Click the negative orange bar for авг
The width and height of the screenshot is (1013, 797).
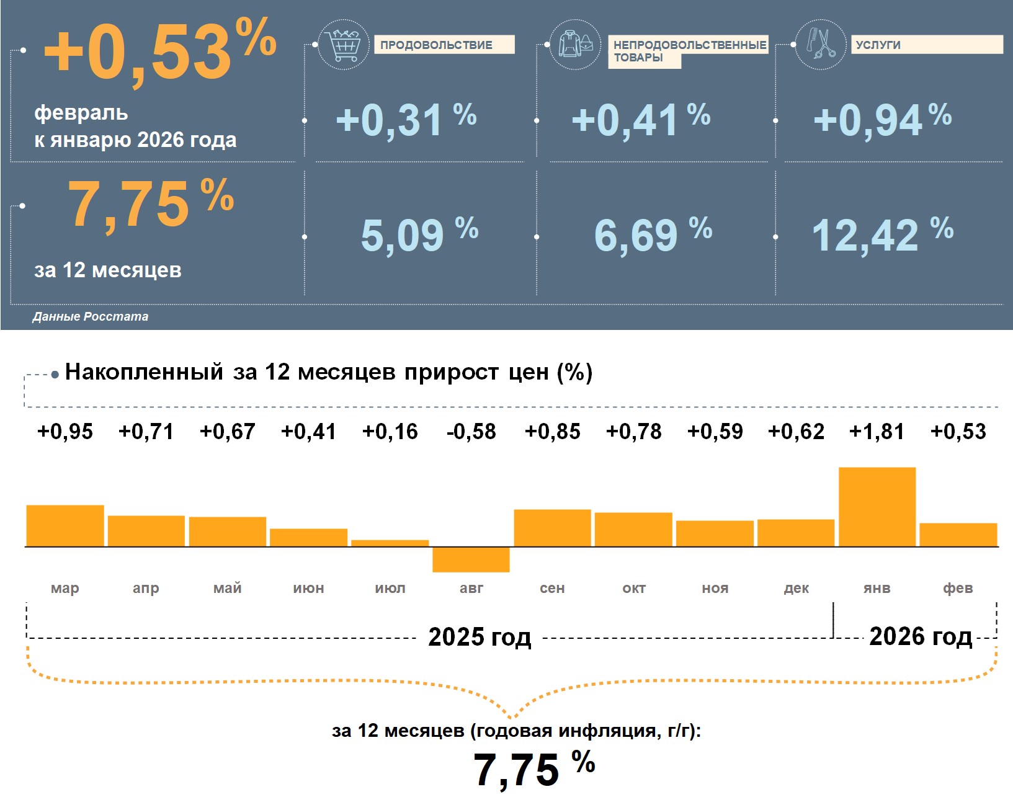coord(471,559)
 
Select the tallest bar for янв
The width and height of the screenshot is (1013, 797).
coord(877,507)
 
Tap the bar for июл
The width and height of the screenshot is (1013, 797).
coord(390,543)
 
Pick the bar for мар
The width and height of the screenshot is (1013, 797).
coord(65,526)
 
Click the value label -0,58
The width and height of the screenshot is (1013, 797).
coord(471,432)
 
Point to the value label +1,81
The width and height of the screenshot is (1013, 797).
coord(877,432)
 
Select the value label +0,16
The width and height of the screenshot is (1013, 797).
coord(390,432)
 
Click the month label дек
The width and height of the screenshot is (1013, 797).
coord(796,588)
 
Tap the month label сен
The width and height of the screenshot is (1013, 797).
coord(552,588)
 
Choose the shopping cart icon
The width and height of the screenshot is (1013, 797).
coord(343,45)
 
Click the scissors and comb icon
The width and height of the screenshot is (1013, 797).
coord(820,44)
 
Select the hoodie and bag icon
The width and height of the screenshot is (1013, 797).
coord(575,45)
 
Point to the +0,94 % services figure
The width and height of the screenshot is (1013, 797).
coord(882,119)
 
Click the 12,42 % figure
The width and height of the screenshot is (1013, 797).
coord(882,235)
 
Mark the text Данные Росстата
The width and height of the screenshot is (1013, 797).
coord(91,316)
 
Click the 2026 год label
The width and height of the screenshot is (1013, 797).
coord(920,636)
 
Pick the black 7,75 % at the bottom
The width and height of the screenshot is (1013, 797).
coord(533,768)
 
